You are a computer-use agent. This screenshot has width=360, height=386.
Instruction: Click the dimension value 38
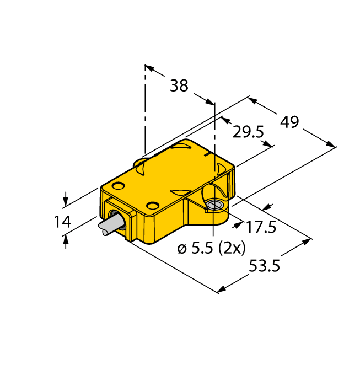pyautogui.click(x=179, y=85)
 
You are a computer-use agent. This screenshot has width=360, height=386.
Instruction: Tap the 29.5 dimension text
pyautogui.click(x=248, y=132)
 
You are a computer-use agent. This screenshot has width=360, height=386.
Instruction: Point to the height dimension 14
pyautogui.click(x=62, y=222)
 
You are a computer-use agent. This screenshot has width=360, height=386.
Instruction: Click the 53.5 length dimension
pyautogui.click(x=265, y=266)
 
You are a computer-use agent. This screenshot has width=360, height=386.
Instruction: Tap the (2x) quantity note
pyautogui.click(x=232, y=248)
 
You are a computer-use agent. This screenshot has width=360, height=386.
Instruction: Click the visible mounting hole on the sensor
pyautogui.click(x=216, y=205)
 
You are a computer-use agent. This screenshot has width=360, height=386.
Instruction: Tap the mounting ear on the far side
pyautogui.click(x=141, y=163)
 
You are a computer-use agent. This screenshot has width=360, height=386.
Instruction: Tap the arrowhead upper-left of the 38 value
pyautogui.click(x=149, y=68)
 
